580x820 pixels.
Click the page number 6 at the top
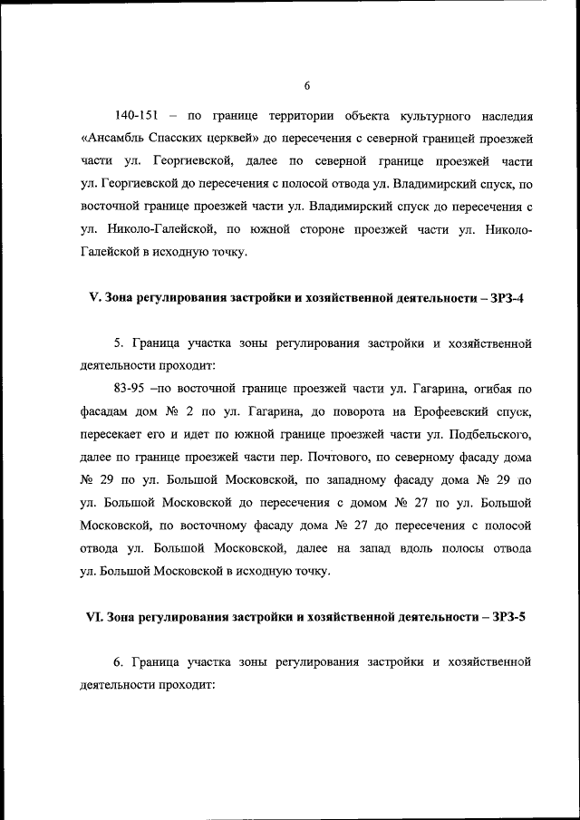(306, 85)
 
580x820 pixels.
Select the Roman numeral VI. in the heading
(96, 616)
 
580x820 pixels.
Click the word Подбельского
(486, 435)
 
